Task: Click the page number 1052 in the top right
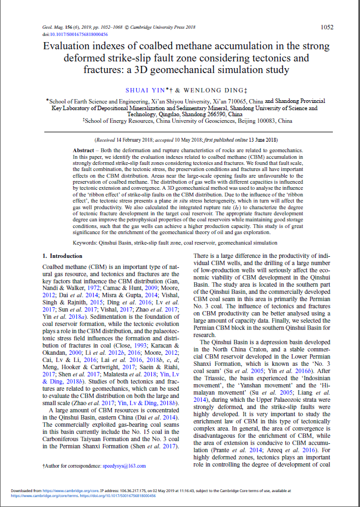pos(327,27)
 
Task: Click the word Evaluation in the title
pos(70,46)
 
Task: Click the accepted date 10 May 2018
pos(191,140)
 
